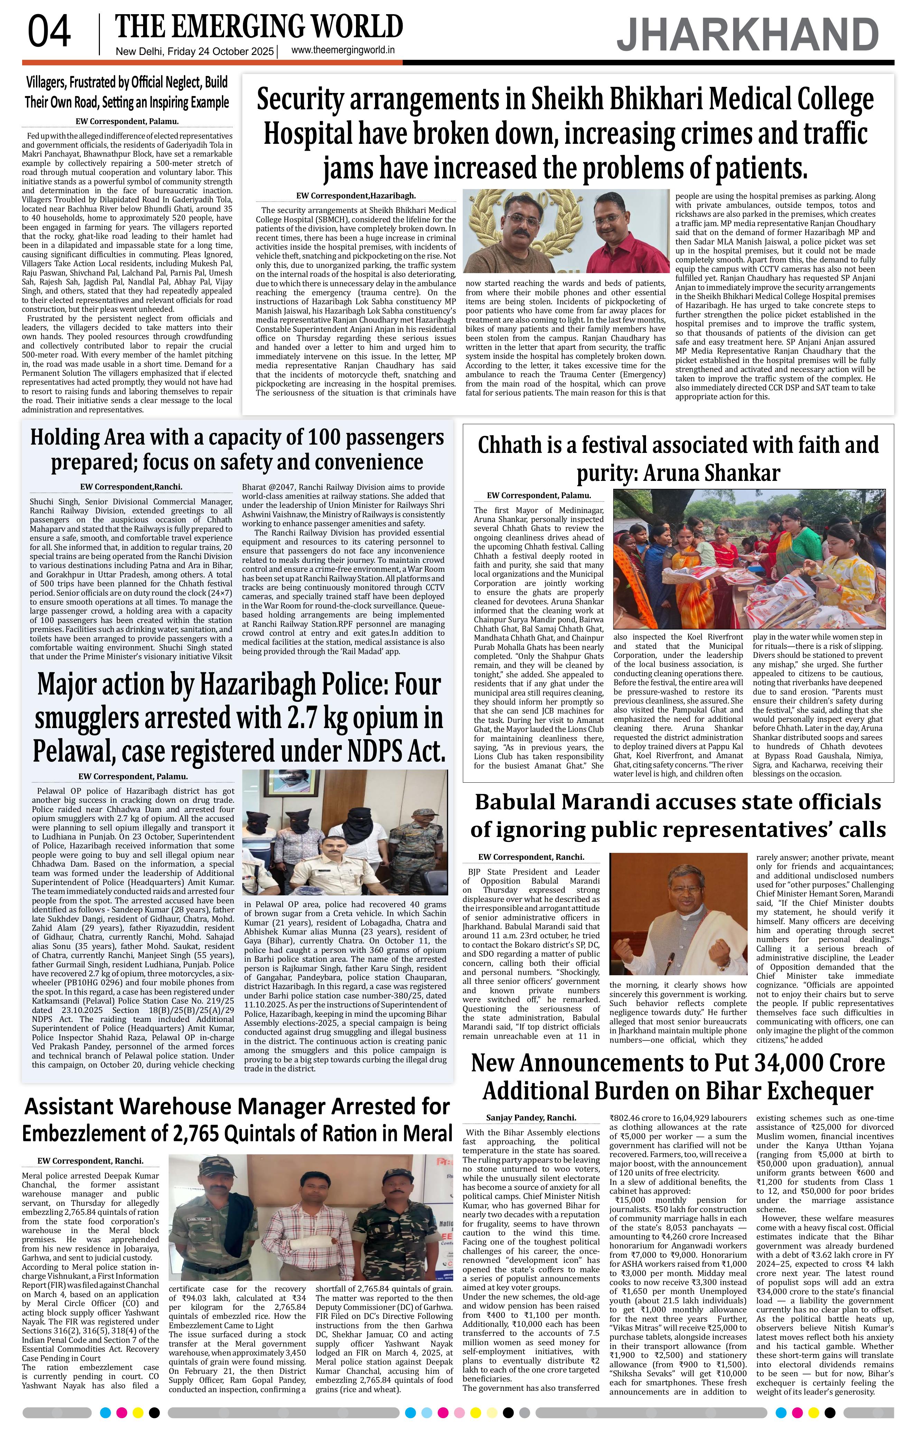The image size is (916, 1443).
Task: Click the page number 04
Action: click(x=49, y=32)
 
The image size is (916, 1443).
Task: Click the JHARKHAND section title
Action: click(x=748, y=35)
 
